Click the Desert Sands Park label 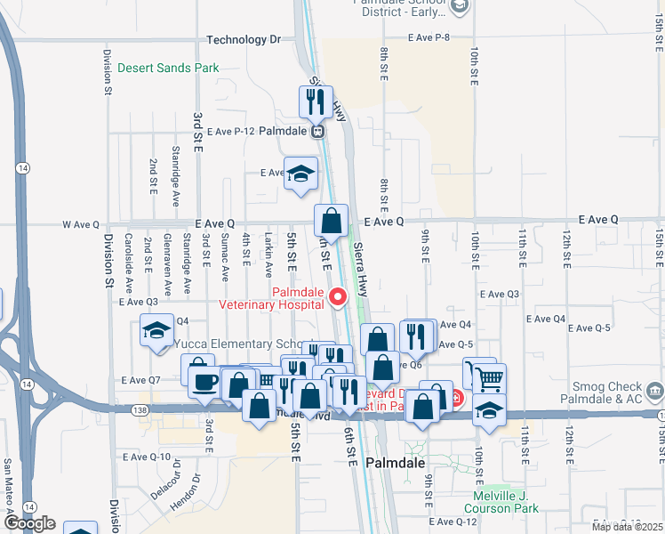(168, 68)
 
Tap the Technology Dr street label (243, 40)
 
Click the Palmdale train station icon (316, 131)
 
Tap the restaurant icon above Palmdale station (315, 103)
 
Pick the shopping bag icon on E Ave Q (331, 221)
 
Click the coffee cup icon (204, 381)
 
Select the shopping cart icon (489, 378)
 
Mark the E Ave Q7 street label (142, 380)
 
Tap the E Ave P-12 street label (231, 131)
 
